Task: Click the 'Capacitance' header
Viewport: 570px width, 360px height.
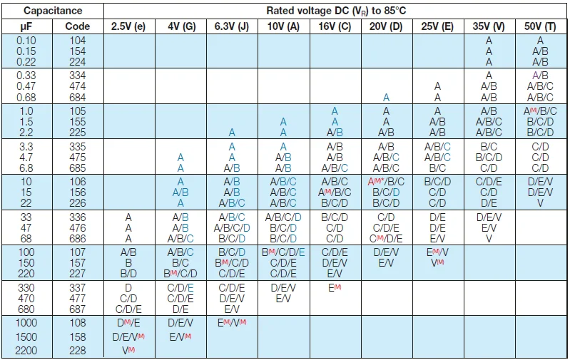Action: point(53,11)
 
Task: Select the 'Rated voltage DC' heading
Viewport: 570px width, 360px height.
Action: point(336,11)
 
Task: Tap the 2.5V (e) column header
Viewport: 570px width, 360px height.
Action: point(128,26)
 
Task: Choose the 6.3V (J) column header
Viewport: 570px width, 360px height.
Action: point(233,26)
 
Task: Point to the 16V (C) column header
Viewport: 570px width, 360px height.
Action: point(335,26)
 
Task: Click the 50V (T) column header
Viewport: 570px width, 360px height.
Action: point(540,26)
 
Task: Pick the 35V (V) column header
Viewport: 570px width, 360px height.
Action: point(489,26)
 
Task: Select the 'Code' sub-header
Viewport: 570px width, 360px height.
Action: point(78,26)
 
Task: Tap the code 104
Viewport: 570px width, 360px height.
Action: point(78,41)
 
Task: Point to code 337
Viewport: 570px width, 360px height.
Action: point(78,287)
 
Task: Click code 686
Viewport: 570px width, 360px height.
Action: point(78,238)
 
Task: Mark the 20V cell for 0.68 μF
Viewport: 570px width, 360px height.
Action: point(386,97)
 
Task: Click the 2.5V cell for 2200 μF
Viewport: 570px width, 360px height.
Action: point(128,351)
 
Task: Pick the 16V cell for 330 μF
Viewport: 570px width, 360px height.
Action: point(335,287)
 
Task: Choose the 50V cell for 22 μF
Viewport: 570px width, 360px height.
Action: point(540,203)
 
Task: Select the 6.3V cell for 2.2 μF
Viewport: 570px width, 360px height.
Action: point(233,133)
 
